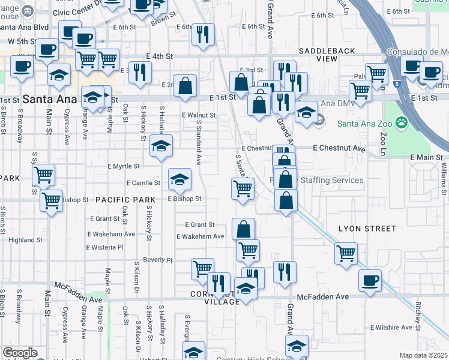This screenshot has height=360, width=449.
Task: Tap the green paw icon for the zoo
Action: pos(402,124)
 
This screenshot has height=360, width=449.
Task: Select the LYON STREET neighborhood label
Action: pos(367,229)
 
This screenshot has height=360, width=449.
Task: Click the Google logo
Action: pos(20,353)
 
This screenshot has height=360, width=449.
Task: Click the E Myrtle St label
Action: pos(124,166)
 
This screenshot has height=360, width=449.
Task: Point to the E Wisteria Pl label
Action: pos(104,247)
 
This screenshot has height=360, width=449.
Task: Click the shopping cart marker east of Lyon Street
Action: pos(346,253)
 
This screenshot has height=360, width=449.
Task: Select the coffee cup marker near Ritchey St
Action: pos(370,280)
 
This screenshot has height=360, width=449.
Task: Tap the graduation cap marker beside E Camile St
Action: pos(179,179)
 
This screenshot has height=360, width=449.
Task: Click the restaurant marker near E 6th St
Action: pos(203,34)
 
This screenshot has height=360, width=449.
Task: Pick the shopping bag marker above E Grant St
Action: pos(243,229)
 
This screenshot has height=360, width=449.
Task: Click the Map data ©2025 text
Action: pos(424,355)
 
